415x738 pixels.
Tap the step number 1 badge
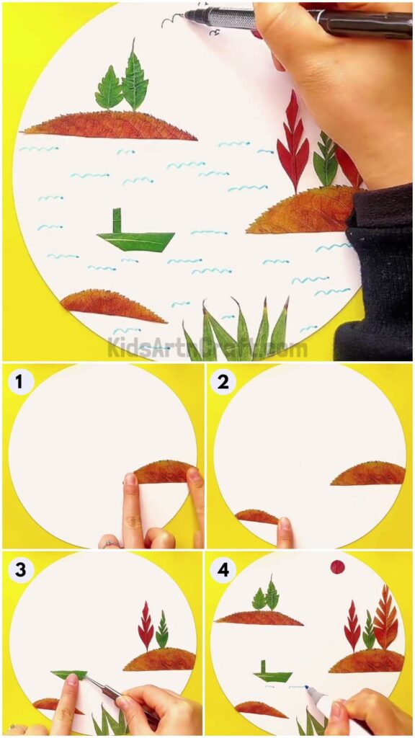22,381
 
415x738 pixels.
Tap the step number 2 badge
223,381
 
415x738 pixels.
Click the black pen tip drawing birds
189,14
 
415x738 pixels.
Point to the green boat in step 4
272,674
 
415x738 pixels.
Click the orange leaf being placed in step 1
164,472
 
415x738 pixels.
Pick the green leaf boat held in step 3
70,675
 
